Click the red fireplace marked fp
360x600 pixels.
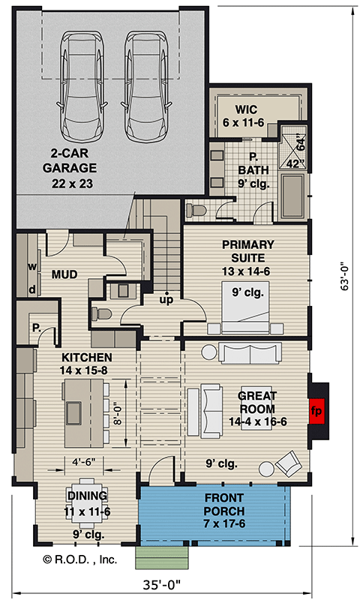tap(317, 411)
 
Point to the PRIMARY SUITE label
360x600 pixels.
tap(247, 252)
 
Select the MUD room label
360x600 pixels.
tap(64, 275)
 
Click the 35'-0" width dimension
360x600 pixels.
tap(181, 584)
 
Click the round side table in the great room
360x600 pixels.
tap(267, 469)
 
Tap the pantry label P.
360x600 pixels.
tap(35, 328)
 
